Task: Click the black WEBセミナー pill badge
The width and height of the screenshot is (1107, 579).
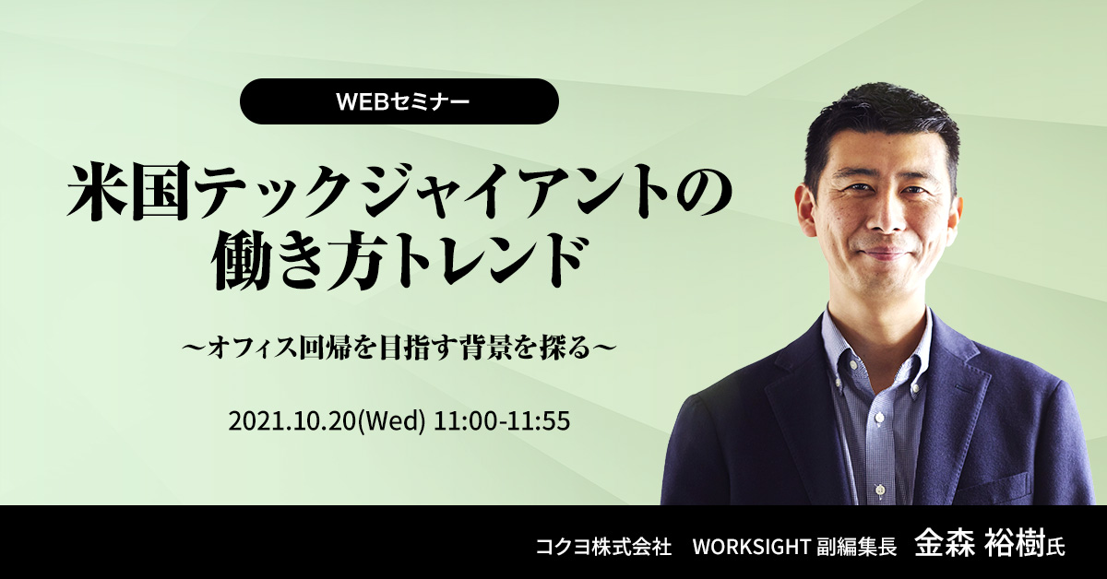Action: pos(399,101)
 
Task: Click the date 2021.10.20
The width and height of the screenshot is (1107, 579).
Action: pos(292,421)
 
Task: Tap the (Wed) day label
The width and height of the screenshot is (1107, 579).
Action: pos(390,421)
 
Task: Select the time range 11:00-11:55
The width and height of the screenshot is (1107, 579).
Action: pos(502,421)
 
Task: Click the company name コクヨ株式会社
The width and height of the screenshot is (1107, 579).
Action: pos(603,547)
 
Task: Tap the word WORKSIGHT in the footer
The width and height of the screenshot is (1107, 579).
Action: pos(750,547)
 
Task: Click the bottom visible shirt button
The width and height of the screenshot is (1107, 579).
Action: pos(878,491)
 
